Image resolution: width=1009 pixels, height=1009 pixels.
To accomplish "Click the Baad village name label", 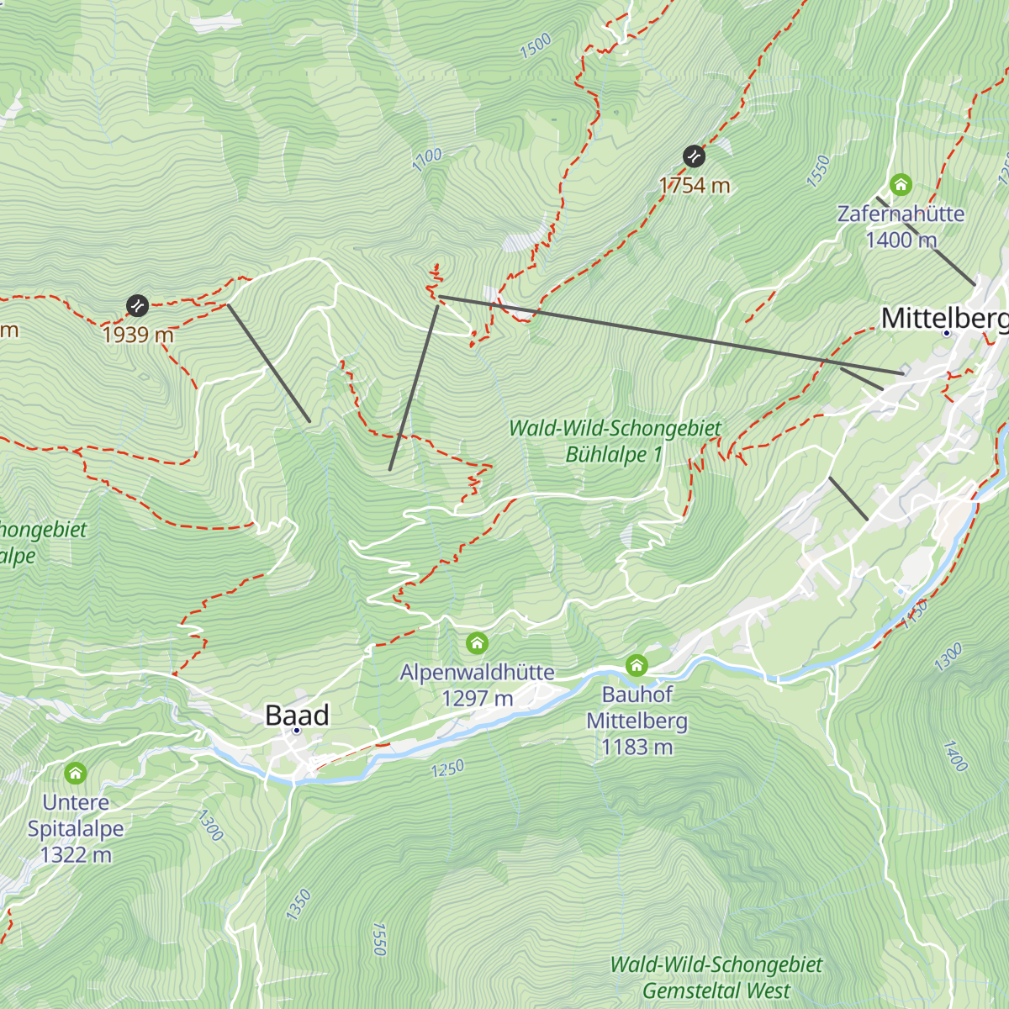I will (x=297, y=715).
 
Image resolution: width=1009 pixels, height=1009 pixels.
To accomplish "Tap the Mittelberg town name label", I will (x=944, y=318).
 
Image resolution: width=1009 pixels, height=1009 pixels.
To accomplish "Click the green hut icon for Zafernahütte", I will (x=901, y=184).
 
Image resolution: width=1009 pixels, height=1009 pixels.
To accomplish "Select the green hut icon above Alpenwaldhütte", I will (x=477, y=644).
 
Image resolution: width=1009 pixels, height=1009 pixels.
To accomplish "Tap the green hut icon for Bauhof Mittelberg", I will (x=637, y=666).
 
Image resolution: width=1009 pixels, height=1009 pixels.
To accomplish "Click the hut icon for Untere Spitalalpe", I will (x=76, y=773).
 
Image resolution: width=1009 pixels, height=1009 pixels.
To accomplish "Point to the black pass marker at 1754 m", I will (x=694, y=156).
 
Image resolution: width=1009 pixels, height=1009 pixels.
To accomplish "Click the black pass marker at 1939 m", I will (x=137, y=305).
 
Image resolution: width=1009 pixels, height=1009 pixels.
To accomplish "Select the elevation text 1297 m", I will (x=477, y=698).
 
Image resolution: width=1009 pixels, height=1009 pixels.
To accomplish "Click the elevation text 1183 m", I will (x=637, y=747).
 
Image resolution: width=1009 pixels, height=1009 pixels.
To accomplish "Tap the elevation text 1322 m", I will (x=76, y=855).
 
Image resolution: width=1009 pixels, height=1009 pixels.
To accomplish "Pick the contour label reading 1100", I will (x=427, y=160).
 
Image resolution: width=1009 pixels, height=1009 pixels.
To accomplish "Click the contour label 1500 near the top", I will (x=536, y=45).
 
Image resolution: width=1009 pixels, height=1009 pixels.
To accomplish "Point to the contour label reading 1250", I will (x=447, y=769).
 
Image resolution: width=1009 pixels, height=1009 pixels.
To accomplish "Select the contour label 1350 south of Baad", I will (x=298, y=905).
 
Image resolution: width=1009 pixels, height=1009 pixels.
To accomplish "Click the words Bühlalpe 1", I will (x=614, y=455).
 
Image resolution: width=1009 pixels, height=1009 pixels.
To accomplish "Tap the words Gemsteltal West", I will (x=716, y=991).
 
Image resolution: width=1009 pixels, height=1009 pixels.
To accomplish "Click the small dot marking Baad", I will (x=296, y=731).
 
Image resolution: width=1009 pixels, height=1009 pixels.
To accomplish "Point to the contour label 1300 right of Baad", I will (x=210, y=825).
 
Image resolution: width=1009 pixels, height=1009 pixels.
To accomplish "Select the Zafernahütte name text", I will (x=901, y=214).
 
